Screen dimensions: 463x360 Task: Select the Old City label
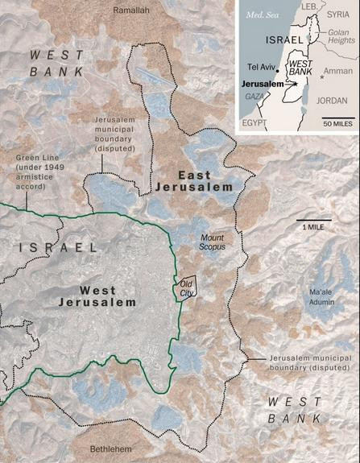186,287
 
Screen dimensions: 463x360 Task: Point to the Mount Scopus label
212,241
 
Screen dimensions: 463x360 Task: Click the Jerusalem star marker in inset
297,83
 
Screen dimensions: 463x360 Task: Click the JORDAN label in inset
332,101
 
